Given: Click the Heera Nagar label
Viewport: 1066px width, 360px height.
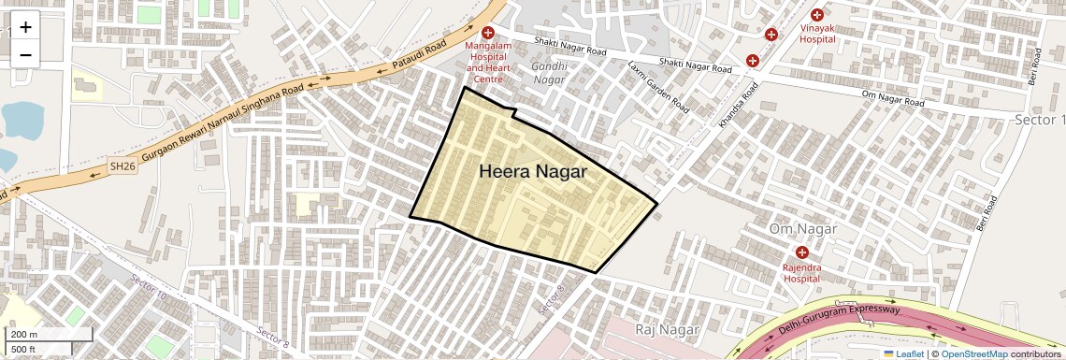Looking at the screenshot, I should pyautogui.click(x=533, y=172).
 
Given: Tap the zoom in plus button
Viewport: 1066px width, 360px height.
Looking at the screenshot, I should pyautogui.click(x=25, y=27).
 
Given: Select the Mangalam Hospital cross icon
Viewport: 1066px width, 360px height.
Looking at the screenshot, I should pyautogui.click(x=487, y=33).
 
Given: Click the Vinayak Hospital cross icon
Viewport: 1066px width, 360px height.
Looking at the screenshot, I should pyautogui.click(x=817, y=15).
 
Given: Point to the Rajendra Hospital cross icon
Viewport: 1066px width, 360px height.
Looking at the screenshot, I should pyautogui.click(x=801, y=252).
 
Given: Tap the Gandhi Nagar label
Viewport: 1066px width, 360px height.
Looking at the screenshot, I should pyautogui.click(x=548, y=73).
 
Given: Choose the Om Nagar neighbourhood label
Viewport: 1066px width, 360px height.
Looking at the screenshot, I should pyautogui.click(x=800, y=229).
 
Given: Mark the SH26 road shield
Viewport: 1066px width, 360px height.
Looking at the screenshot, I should pyautogui.click(x=122, y=166).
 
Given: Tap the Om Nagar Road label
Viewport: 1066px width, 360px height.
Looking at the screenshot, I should pyautogui.click(x=892, y=97).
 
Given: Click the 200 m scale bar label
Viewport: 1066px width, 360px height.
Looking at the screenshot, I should pyautogui.click(x=24, y=335).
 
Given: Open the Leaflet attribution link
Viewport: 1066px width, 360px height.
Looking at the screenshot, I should pyautogui.click(x=902, y=353).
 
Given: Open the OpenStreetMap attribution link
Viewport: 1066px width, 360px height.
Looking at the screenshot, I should pyautogui.click(x=973, y=353).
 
